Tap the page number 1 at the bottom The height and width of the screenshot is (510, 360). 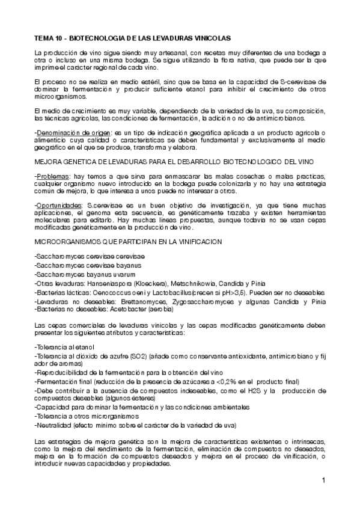[323, 480]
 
